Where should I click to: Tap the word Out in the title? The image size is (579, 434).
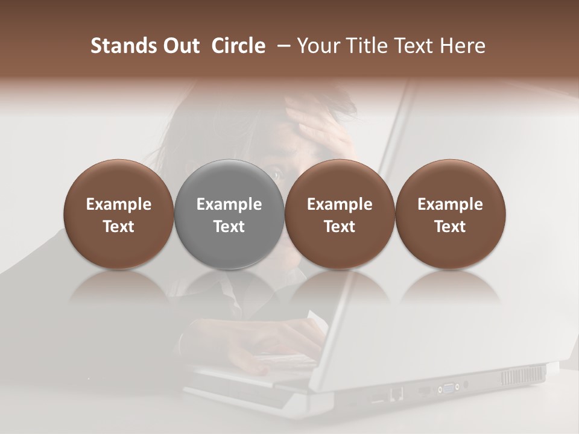(x=180, y=46)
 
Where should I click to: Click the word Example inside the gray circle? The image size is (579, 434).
(x=229, y=204)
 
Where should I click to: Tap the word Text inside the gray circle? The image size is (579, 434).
(x=229, y=227)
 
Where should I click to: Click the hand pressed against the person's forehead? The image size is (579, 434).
(x=320, y=124)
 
